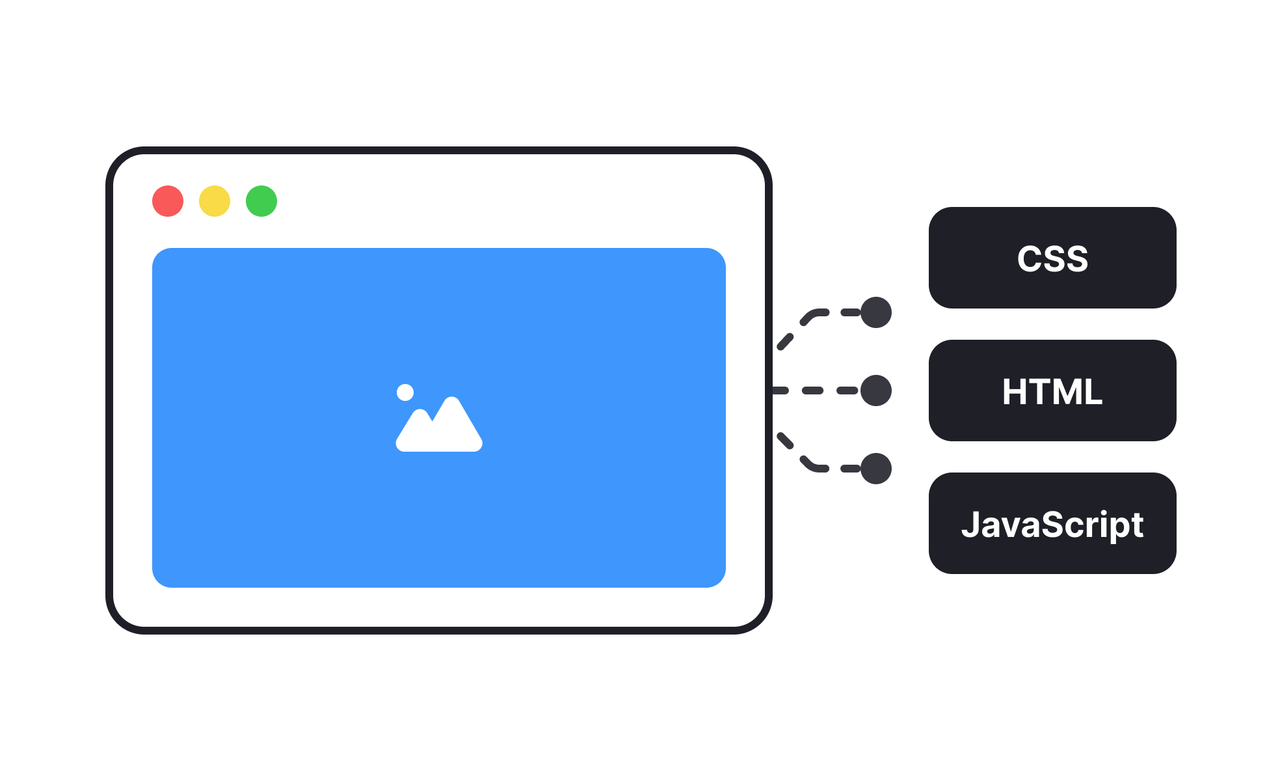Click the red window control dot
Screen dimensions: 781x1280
click(168, 201)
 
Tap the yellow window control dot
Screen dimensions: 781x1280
click(215, 201)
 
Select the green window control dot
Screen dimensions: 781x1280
click(261, 201)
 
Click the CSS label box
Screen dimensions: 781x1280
click(1052, 258)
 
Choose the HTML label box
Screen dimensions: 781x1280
click(1052, 390)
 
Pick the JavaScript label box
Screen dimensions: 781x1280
click(1052, 523)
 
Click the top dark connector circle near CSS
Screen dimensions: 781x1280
click(876, 312)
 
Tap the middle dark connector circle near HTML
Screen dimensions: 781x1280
click(876, 390)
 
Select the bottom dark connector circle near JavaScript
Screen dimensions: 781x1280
click(876, 469)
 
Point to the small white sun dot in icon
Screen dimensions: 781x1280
click(405, 392)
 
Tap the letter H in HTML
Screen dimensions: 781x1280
click(1015, 392)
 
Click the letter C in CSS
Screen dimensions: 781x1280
click(1029, 259)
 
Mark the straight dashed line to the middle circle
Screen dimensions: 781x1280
click(813, 390)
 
